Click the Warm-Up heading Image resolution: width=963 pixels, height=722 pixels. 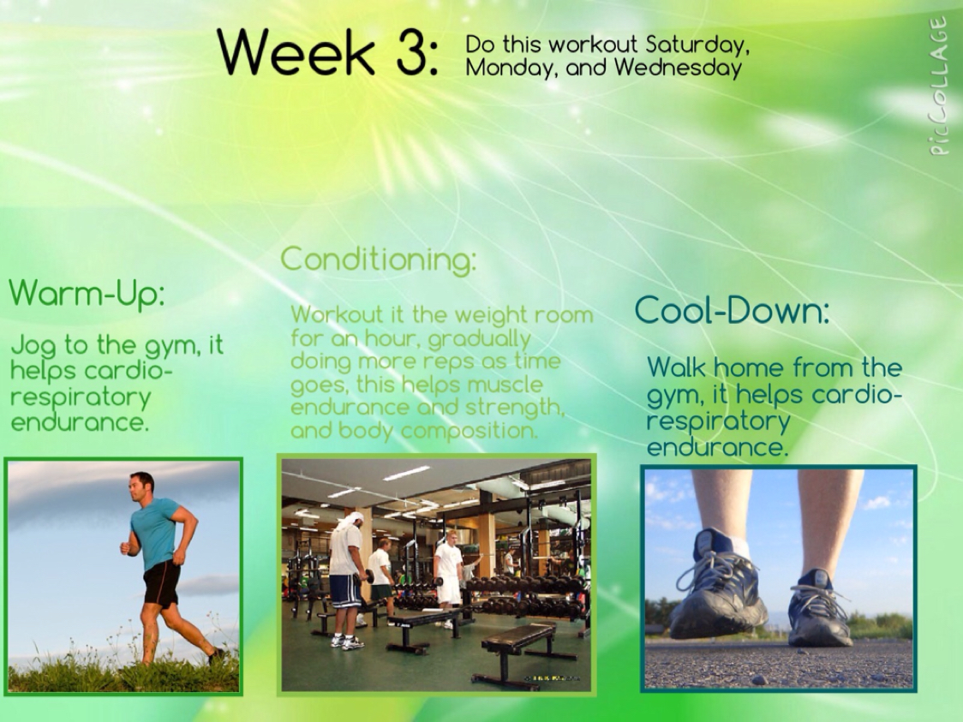(x=87, y=294)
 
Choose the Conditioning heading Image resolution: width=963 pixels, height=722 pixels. (x=379, y=260)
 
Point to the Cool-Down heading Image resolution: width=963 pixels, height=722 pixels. (x=732, y=310)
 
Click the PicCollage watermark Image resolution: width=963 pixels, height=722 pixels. (x=938, y=86)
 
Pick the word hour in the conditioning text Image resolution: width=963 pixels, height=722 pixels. (x=390, y=338)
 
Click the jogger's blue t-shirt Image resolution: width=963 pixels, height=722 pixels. (x=155, y=532)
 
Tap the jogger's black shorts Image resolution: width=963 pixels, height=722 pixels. (x=162, y=584)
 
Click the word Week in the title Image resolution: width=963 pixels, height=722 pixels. (x=296, y=53)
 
